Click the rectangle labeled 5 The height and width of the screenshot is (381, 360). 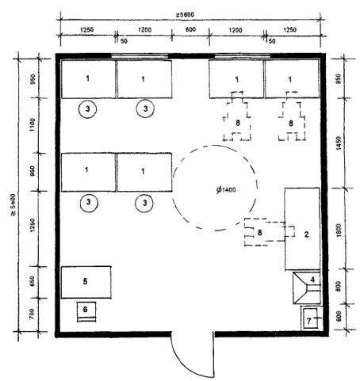(x=86, y=282)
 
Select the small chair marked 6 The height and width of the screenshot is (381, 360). (x=86, y=311)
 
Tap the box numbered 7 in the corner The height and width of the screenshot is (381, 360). (x=310, y=318)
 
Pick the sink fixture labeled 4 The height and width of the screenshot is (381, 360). (x=307, y=288)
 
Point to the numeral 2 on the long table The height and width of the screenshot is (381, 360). (x=306, y=234)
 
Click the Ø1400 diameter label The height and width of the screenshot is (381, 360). (x=226, y=189)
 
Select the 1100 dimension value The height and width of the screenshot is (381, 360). (x=33, y=125)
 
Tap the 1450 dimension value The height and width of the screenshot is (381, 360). (x=339, y=143)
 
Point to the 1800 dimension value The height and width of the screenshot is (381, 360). (x=339, y=230)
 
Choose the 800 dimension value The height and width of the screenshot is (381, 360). (x=339, y=286)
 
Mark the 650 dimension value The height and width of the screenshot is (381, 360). (x=33, y=281)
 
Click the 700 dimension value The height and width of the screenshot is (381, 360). (x=32, y=314)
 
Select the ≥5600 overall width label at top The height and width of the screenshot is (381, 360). (x=185, y=14)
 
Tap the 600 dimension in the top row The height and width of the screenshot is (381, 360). (x=190, y=29)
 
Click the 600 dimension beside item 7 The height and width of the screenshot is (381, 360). (x=339, y=316)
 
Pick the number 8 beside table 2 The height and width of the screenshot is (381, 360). (x=260, y=233)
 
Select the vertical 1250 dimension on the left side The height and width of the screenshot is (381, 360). (x=33, y=225)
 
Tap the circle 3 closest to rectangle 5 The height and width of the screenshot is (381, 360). (x=89, y=203)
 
